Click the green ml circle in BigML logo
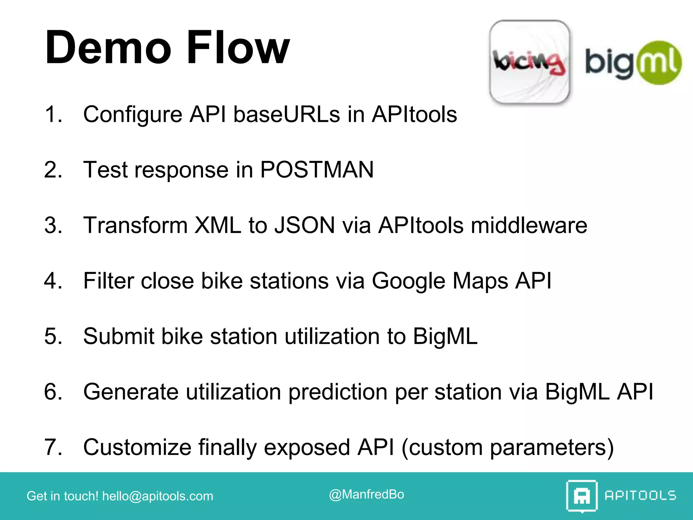[659, 63]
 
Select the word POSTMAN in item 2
[317, 170]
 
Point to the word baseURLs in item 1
[287, 114]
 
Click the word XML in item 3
[218, 225]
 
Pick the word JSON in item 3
[305, 225]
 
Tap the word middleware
[529, 225]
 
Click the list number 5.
[53, 336]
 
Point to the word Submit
[118, 336]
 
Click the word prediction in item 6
[338, 392]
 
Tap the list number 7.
[53, 447]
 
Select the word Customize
[137, 447]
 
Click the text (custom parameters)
[507, 448]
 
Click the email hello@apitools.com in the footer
[158, 496]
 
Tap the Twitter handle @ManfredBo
[366, 495]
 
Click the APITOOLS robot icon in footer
[582, 496]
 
